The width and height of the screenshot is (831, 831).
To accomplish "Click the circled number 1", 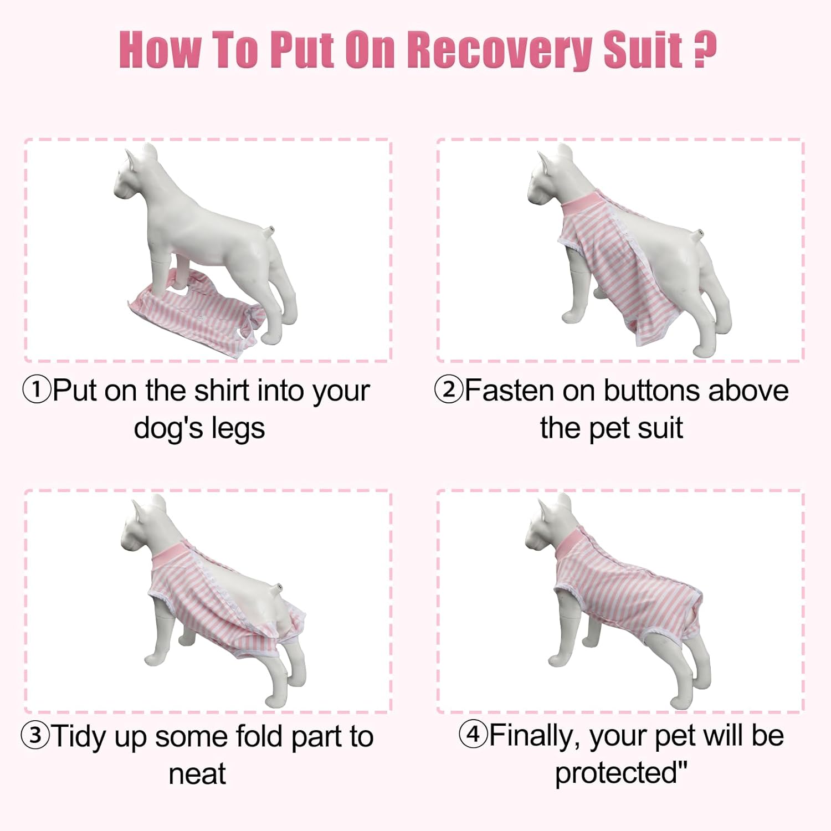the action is coord(37,389).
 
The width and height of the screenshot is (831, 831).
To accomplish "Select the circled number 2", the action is coord(448,389).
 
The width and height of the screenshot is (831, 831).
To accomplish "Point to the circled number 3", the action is coord(35,735).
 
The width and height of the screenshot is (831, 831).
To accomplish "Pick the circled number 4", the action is coord(473,734).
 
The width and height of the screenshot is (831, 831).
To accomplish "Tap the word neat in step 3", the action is coord(197,773).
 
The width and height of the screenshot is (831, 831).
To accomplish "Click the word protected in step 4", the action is coord(616,773).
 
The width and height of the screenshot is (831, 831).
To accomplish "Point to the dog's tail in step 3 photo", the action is coord(278,587).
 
